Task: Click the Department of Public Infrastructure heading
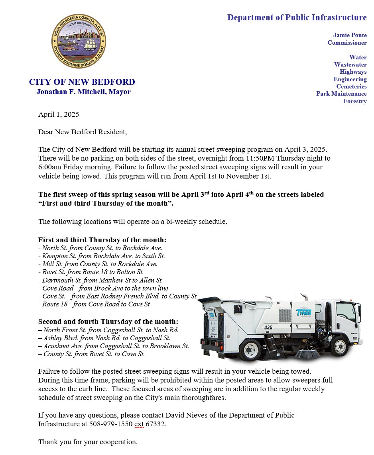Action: pos(297,18)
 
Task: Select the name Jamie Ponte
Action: pos(350,35)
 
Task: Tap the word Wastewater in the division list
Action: pos(350,65)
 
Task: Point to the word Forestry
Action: pos(355,101)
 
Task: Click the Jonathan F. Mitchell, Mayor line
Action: pos(83,92)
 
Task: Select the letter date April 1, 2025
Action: pos(59,115)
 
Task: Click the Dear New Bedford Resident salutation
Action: pos(83,132)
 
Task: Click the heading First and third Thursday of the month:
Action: pos(102,240)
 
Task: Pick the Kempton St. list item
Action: pos(102,256)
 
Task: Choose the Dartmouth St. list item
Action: pos(100,280)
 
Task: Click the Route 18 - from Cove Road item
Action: pos(94,304)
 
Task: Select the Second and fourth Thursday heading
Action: pos(108,322)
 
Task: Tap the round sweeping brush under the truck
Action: pos(307,353)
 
